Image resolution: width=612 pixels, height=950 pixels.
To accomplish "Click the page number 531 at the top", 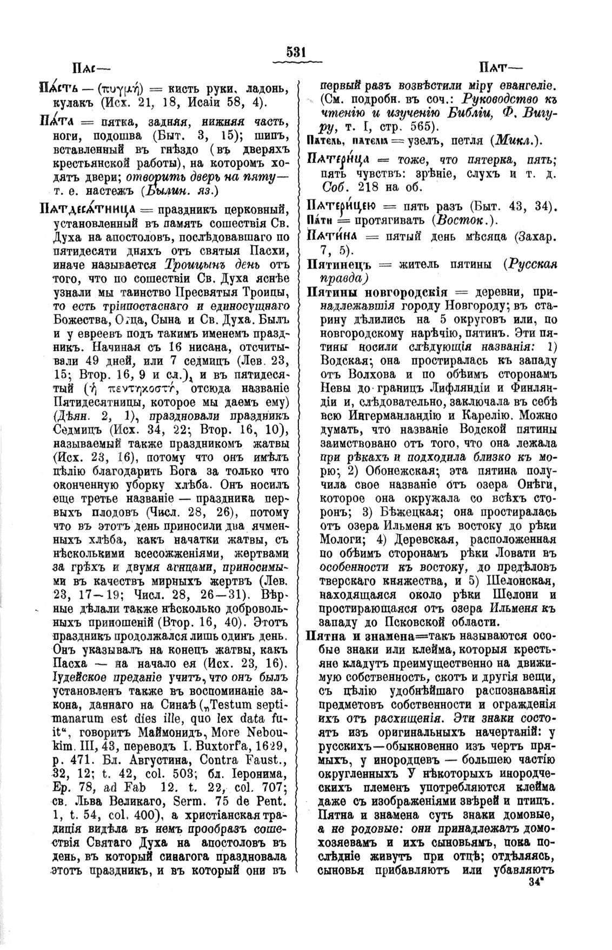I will (x=296, y=52).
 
